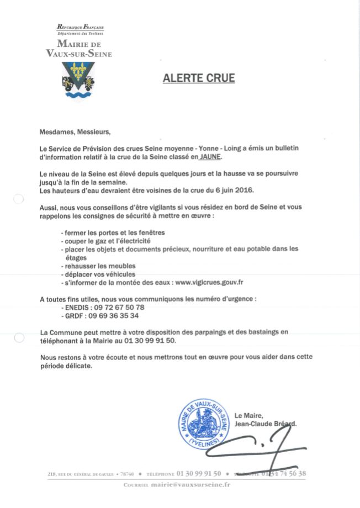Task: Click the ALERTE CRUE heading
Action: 199,78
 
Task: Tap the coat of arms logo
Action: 78,81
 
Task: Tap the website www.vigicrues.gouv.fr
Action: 210,282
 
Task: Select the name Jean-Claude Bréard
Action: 266,424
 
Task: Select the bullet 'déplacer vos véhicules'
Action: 99,274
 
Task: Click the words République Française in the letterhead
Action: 81,27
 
